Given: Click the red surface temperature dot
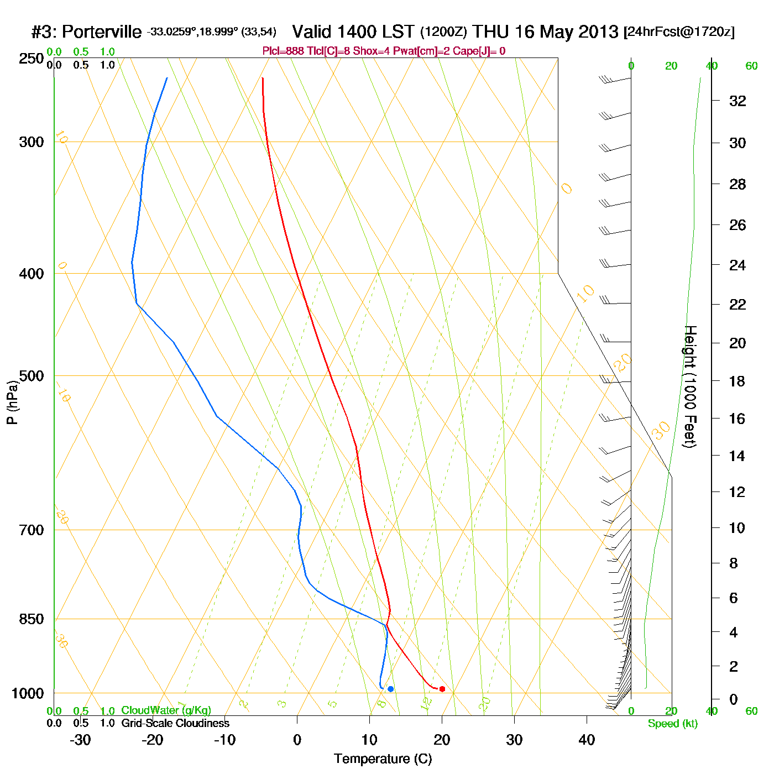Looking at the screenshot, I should pyautogui.click(x=442, y=689).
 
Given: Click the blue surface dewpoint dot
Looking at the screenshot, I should pyautogui.click(x=390, y=689).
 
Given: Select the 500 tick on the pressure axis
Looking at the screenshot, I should pyautogui.click(x=32, y=376).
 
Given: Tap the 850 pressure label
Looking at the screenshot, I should pyautogui.click(x=32, y=619).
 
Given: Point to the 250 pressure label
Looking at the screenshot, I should pyautogui.click(x=32, y=59).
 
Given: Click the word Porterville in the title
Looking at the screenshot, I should pyautogui.click(x=101, y=32).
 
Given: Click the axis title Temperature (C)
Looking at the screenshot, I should pyautogui.click(x=383, y=759).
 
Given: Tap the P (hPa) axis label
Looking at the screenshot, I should pyautogui.click(x=12, y=402).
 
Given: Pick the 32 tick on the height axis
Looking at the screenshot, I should pyautogui.click(x=737, y=101).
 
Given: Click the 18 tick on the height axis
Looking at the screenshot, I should pyautogui.click(x=737, y=381).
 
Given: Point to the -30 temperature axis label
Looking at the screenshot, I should pyautogui.click(x=80, y=740).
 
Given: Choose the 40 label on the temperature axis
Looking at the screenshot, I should pyautogui.click(x=587, y=740).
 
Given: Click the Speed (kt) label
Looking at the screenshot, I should pyautogui.click(x=672, y=724).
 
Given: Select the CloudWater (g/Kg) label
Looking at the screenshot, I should pyautogui.click(x=166, y=710).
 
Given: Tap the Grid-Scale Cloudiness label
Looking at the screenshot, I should pyautogui.click(x=175, y=723).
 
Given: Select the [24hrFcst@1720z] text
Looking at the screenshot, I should pyautogui.click(x=679, y=32).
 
